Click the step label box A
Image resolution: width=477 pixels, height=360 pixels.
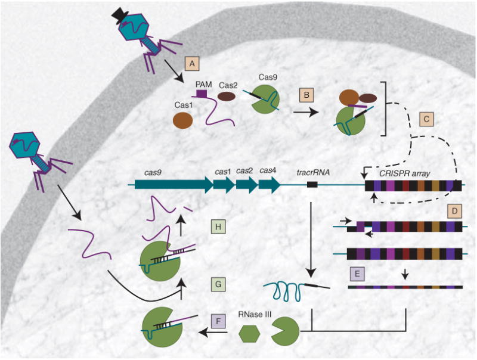191,62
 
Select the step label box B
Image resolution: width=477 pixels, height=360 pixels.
306,95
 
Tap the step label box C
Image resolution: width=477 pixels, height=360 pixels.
426,119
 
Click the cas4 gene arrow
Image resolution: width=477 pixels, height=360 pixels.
270,185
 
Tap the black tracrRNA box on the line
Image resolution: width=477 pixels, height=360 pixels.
311,185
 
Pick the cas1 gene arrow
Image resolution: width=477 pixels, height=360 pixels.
224,185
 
